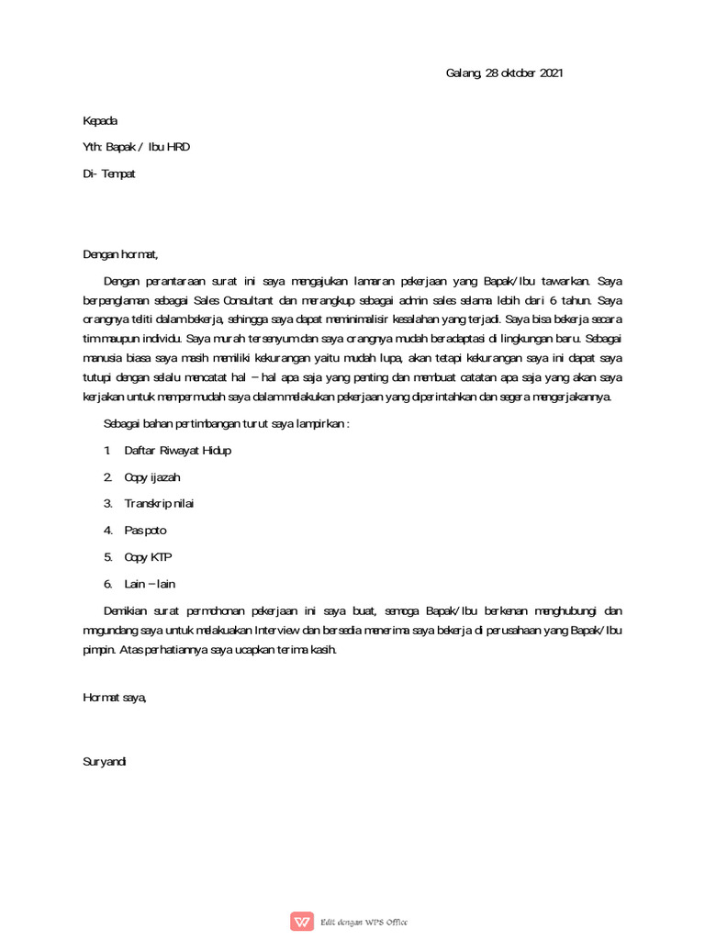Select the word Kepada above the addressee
click(x=100, y=120)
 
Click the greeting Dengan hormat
click(x=120, y=254)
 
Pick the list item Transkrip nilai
click(x=159, y=503)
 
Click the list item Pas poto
click(x=145, y=530)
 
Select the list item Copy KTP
click(x=148, y=556)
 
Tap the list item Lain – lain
click(x=149, y=583)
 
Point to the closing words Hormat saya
click(x=114, y=698)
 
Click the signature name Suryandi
click(x=105, y=761)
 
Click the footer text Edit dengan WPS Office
click(x=364, y=922)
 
